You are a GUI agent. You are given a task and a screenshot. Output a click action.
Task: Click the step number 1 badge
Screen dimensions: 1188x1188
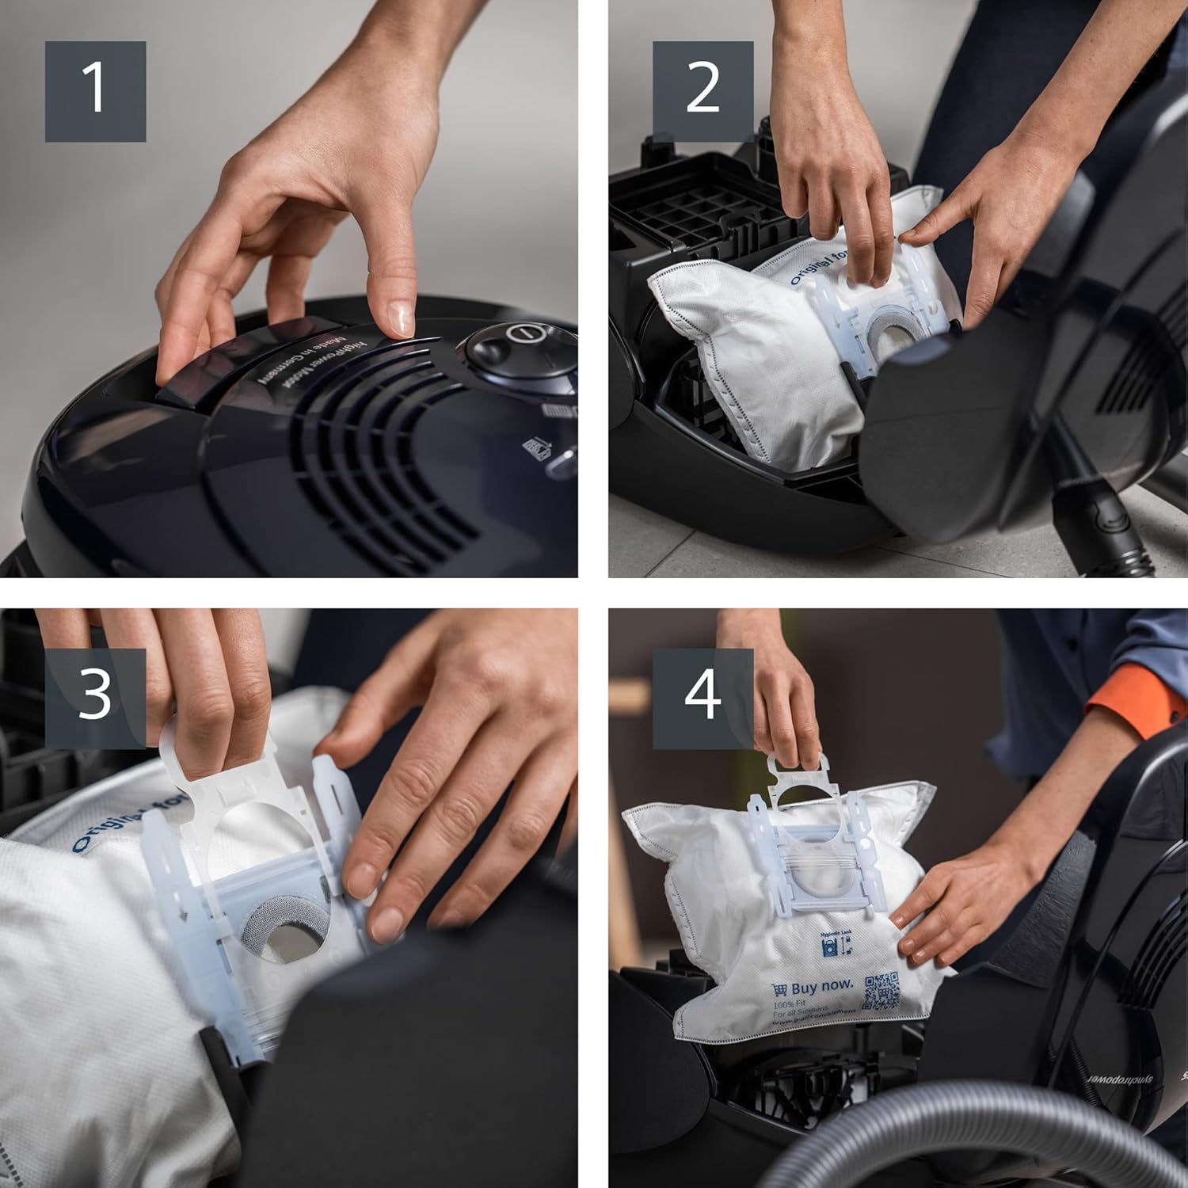[95, 91]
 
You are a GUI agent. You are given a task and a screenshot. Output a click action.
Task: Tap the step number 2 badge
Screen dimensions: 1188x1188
[703, 91]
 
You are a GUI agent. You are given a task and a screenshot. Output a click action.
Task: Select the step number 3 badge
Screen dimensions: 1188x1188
[95, 698]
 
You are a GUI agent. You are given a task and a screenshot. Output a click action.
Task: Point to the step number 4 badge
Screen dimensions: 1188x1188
[703, 698]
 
